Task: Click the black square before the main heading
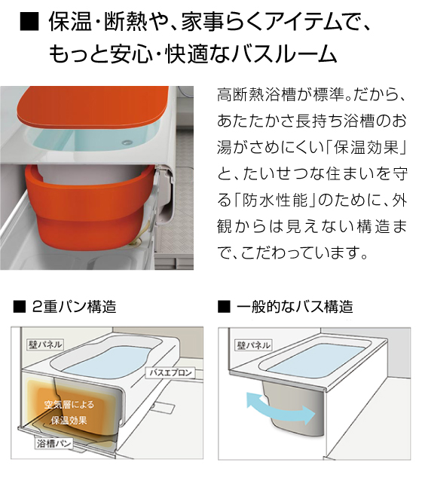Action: point(29,22)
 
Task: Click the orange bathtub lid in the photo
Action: point(92,106)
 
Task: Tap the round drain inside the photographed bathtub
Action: point(126,142)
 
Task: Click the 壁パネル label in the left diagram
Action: point(45,345)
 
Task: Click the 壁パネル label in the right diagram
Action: point(253,345)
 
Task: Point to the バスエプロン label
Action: point(170,373)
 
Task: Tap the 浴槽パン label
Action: point(54,443)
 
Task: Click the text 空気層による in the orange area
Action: point(69,405)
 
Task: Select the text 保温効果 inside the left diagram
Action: point(69,421)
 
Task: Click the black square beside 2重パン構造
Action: point(19,307)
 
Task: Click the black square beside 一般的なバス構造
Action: point(224,307)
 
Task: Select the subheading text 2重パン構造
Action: point(74,306)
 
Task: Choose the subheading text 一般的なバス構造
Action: point(295,306)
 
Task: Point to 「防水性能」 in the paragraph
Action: point(274,201)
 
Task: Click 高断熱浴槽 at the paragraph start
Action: point(255,95)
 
